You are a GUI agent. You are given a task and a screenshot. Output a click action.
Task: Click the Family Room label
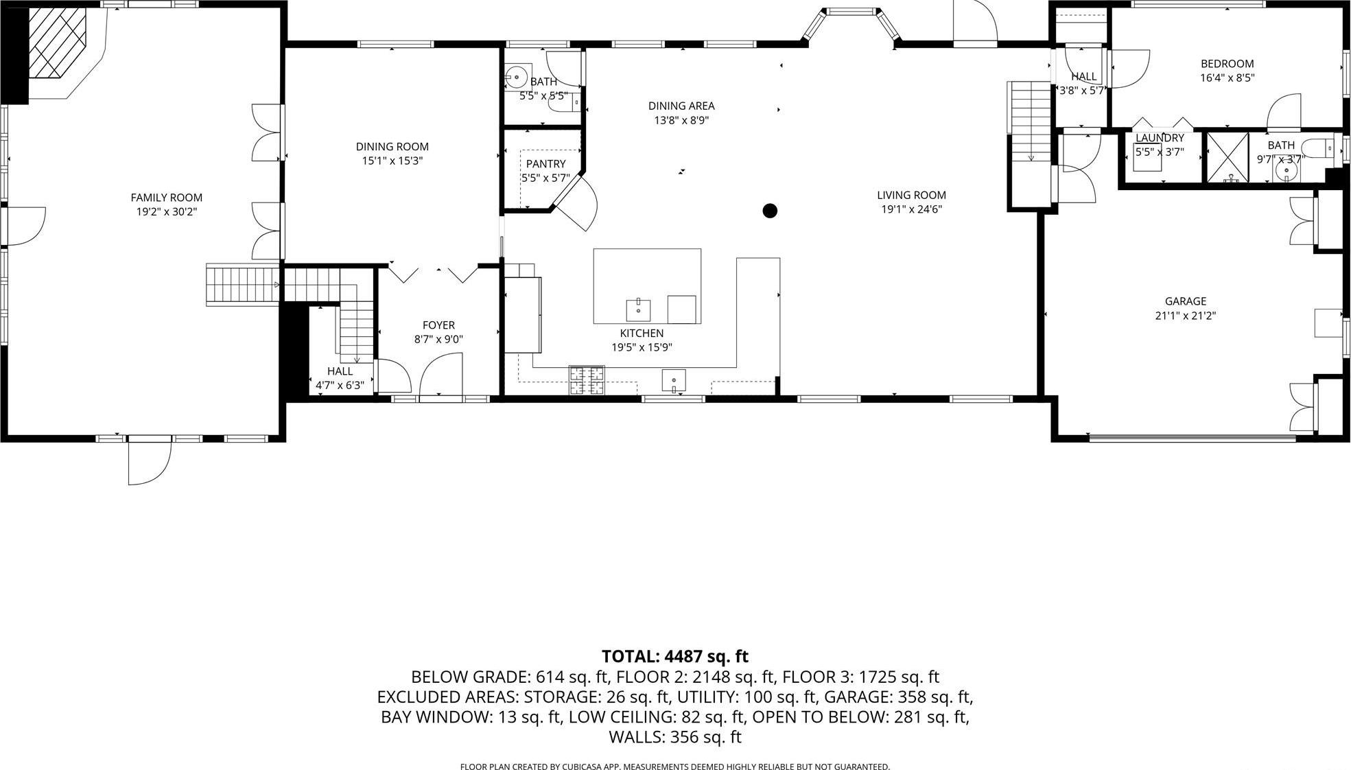(x=166, y=198)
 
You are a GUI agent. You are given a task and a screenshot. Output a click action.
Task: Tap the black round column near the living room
(x=770, y=211)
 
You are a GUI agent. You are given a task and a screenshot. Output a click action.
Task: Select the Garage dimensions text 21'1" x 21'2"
(x=1185, y=316)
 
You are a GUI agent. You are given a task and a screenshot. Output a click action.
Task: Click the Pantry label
(x=545, y=164)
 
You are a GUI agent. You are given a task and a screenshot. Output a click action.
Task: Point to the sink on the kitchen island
(x=639, y=309)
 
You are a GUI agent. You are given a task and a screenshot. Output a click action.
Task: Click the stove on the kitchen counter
(x=587, y=381)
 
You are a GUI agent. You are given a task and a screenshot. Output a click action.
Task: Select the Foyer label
(x=438, y=325)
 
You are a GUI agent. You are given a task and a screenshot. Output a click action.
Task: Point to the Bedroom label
(x=1227, y=64)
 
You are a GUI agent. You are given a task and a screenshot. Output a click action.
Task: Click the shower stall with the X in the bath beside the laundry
(x=1227, y=157)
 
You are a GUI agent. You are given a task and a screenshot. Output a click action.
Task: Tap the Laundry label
(x=1160, y=138)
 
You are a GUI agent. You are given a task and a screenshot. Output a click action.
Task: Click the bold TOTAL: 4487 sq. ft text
(x=674, y=657)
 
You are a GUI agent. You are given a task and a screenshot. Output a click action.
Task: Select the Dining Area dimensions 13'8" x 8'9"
(x=681, y=120)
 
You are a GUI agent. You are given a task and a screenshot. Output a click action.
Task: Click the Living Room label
(x=911, y=195)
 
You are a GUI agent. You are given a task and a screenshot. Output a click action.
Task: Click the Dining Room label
(x=392, y=146)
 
